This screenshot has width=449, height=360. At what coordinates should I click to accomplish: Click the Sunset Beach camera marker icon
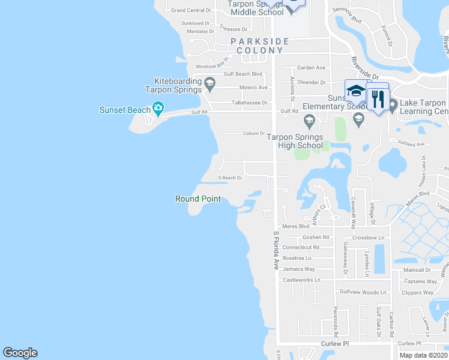[158, 109]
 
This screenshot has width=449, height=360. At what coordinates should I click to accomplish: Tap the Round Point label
[198, 199]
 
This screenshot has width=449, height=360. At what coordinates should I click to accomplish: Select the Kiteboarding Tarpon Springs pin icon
[209, 83]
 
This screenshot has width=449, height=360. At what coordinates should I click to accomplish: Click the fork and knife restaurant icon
[378, 98]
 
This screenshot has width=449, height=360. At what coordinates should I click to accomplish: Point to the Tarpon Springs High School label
[295, 141]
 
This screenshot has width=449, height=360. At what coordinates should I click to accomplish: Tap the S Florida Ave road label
[276, 250]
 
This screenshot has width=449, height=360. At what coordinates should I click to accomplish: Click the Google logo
[20, 352]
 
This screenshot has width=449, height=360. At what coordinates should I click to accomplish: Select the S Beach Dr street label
[229, 178]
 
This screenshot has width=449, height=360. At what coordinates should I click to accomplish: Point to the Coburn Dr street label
[254, 133]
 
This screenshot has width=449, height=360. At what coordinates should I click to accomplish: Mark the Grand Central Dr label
[191, 10]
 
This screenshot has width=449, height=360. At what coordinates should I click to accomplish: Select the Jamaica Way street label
[300, 269]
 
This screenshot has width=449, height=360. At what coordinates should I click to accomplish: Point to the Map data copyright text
[424, 355]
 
